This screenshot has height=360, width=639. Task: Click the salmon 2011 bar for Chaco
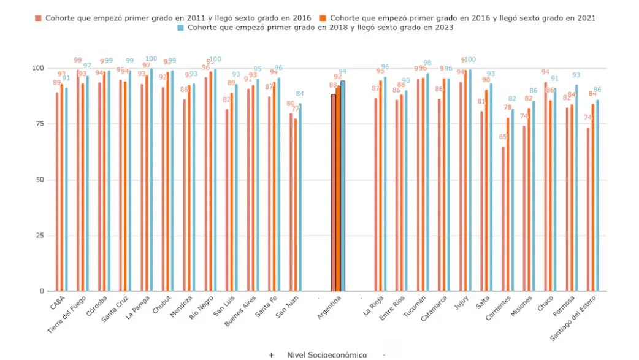coord(545,186)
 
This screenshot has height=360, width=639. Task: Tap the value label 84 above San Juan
coord(300,94)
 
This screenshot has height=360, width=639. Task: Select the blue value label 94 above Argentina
coord(342,71)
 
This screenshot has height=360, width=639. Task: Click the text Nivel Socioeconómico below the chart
coord(326,355)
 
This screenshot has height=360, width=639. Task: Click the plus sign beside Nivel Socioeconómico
coord(271,355)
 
